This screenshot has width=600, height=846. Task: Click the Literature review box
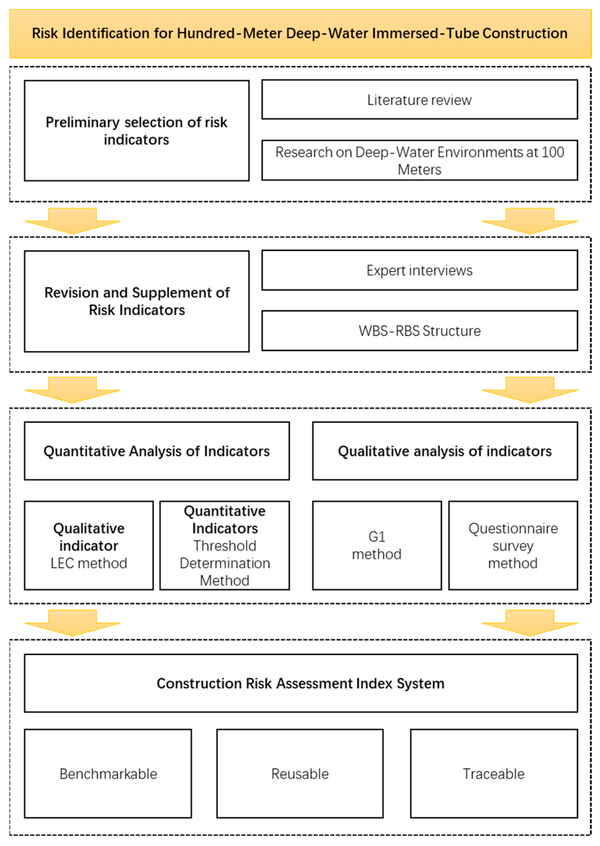click(419, 100)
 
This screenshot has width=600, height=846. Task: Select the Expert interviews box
click(419, 270)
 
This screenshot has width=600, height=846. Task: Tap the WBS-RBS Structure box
click(419, 331)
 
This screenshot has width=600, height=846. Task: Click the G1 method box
click(376, 545)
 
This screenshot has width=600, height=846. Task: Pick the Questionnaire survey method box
click(513, 545)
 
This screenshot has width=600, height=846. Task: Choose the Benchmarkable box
click(108, 773)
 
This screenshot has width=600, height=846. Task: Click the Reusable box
click(300, 773)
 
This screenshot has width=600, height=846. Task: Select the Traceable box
click(494, 773)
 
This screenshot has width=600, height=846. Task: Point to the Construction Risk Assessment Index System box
click(300, 683)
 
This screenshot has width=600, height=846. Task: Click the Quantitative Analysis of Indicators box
click(157, 451)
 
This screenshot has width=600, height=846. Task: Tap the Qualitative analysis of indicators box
click(445, 451)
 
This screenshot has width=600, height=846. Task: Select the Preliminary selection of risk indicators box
click(136, 131)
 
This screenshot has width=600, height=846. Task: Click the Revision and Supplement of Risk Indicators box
click(136, 301)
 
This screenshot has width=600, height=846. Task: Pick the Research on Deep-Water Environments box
click(419, 160)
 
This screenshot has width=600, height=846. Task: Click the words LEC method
click(89, 563)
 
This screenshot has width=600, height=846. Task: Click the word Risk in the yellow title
click(45, 33)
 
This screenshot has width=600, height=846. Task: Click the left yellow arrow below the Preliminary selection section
click(72, 220)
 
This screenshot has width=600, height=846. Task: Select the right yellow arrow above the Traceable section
click(529, 623)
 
